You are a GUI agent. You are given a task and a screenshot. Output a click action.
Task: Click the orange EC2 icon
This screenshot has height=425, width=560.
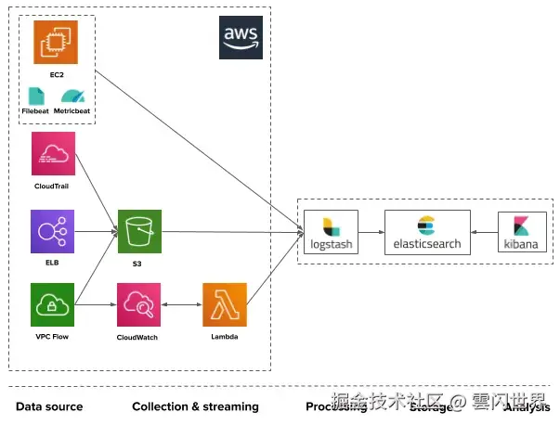56,42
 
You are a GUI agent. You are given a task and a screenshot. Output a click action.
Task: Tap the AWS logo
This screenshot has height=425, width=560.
241,38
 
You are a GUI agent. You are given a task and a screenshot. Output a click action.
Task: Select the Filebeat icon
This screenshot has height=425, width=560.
35,96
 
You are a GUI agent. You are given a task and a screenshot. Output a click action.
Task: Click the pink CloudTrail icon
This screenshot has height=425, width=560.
53,154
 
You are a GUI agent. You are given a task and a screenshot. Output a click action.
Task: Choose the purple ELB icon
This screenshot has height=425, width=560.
53,231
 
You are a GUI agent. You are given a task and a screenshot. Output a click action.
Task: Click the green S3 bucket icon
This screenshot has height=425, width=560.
139,231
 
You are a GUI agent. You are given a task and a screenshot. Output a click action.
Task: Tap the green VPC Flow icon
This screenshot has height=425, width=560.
53,305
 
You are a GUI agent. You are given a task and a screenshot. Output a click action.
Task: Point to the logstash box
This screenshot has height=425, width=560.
331,232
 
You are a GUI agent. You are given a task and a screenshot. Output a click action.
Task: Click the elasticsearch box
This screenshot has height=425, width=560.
427,232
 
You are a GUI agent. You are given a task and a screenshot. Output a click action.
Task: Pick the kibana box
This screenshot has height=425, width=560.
522,232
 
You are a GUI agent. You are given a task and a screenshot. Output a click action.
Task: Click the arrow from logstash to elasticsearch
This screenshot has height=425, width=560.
371,232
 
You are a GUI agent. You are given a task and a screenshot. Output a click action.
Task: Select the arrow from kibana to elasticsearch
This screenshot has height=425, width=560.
484,232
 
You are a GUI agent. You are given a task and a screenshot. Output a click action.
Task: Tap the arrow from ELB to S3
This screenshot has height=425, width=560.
96,231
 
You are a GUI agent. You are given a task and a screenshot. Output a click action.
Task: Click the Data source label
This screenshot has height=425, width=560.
49,406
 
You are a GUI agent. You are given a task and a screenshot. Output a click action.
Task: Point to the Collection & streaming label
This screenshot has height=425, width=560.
195,406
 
